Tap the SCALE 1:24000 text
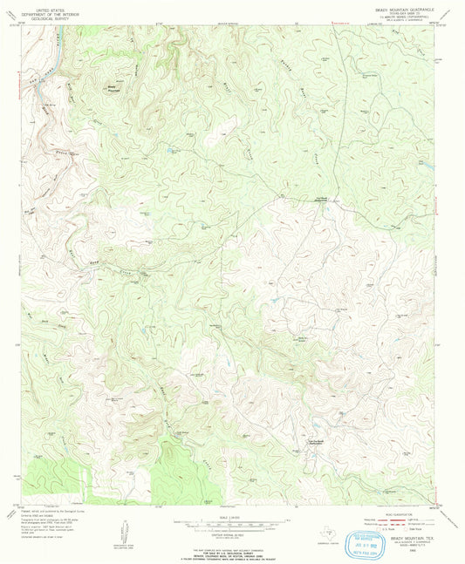[x=232, y=514]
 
